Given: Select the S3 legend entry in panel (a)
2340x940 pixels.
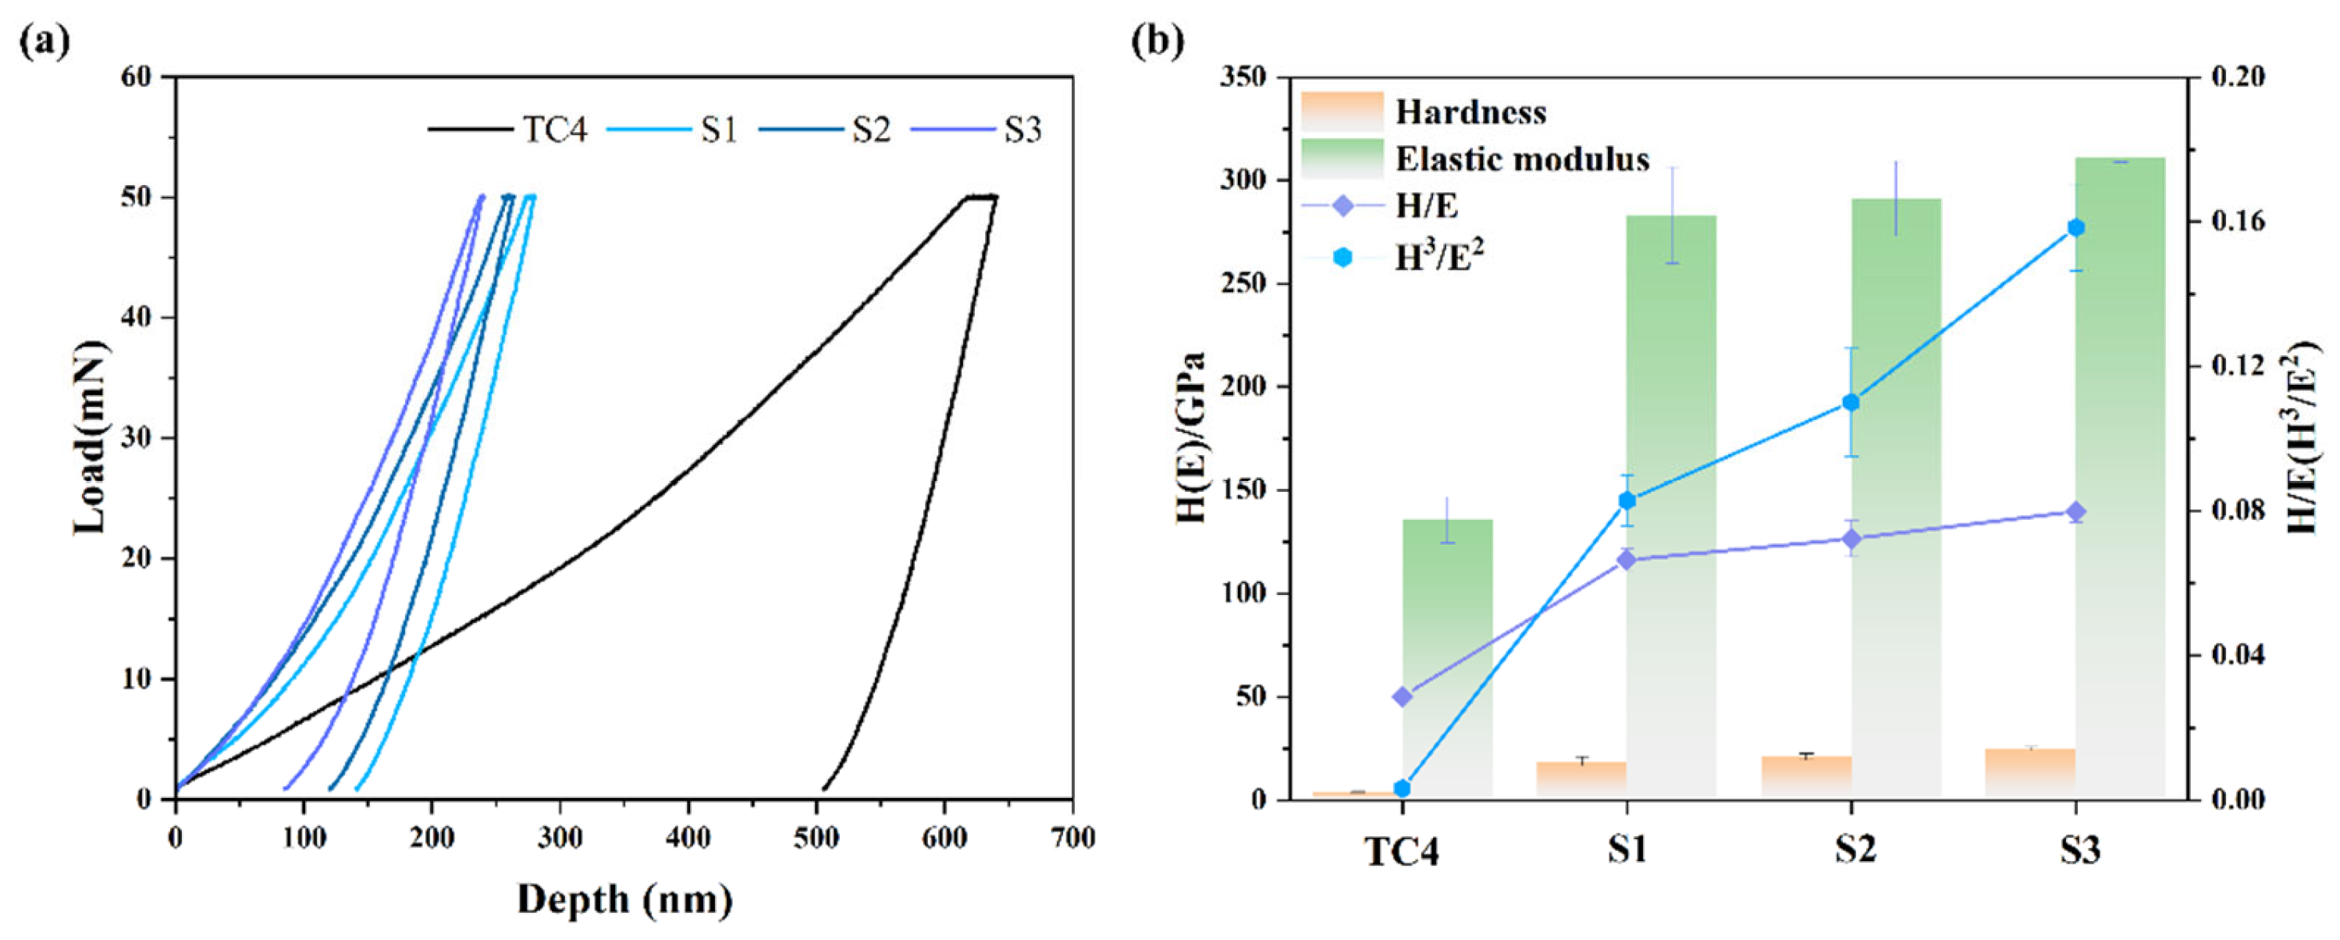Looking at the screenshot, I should (1022, 130).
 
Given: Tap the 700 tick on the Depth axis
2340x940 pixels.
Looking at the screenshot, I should (1072, 838).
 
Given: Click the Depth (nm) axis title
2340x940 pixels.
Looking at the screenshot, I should (625, 900).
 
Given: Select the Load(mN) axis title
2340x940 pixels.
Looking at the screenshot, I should (91, 438).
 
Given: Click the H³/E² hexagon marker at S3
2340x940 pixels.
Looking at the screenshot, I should (2075, 228).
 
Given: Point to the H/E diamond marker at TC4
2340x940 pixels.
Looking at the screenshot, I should (1403, 696).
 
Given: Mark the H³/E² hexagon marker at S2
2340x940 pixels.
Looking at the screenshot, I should (1851, 402).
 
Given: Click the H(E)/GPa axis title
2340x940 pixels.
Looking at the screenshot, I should (1190, 438).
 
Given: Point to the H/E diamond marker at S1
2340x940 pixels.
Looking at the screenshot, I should (1627, 560).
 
